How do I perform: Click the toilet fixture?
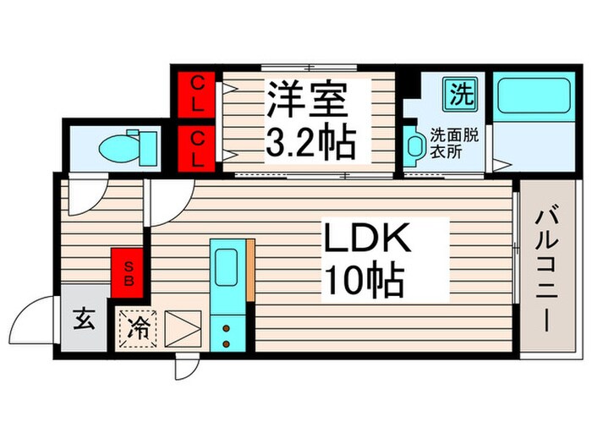coord(127,147)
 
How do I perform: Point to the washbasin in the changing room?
coord(415,149)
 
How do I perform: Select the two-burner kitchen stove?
coord(227,332)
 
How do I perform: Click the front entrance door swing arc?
coord(31,326)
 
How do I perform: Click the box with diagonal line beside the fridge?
coord(182,328)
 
